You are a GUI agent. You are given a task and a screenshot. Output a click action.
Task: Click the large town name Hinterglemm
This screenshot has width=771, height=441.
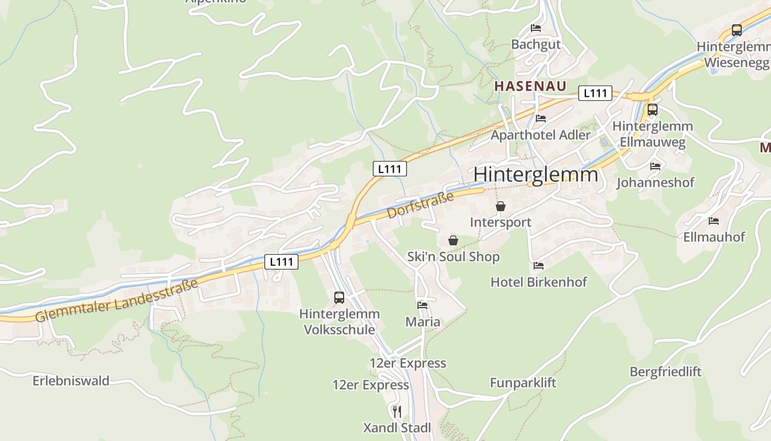click(535, 174)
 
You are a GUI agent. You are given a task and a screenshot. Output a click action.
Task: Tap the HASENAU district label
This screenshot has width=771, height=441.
click(523, 86)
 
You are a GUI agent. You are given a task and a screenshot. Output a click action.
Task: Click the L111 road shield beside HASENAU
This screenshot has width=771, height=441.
click(595, 93)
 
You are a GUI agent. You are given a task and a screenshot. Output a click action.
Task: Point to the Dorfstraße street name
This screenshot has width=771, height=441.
click(420, 205)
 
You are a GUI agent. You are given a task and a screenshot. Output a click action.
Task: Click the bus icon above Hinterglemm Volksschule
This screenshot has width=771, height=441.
click(339, 298)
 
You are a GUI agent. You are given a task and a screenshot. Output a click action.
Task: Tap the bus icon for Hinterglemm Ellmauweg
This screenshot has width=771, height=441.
click(653, 110)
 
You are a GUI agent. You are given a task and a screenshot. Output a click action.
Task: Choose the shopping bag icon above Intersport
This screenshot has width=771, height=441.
click(501, 207)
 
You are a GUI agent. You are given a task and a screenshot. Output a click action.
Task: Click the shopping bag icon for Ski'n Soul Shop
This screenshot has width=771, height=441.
click(453, 240)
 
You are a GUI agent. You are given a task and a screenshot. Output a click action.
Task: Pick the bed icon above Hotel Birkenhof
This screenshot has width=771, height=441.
click(539, 266)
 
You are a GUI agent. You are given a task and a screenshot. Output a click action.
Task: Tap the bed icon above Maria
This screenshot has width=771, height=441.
click(422, 305)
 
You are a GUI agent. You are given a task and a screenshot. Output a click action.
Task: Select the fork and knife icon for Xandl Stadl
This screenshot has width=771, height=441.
click(397, 411)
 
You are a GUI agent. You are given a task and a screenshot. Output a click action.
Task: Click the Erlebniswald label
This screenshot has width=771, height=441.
click(71, 381)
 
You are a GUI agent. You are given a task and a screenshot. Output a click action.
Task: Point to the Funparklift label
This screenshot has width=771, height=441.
click(523, 383)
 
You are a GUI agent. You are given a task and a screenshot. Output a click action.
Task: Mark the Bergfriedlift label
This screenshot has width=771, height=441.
click(666, 372)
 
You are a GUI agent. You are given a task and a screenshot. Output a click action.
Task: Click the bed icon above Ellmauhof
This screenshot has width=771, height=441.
click(714, 221)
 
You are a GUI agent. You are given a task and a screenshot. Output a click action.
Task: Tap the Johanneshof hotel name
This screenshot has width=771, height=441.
click(655, 182)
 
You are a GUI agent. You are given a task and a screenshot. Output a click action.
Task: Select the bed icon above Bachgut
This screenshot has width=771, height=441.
click(536, 28)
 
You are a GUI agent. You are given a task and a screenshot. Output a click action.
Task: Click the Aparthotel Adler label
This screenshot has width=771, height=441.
click(540, 135)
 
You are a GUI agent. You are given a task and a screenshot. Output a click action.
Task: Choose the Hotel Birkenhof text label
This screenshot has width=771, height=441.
click(539, 282)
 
